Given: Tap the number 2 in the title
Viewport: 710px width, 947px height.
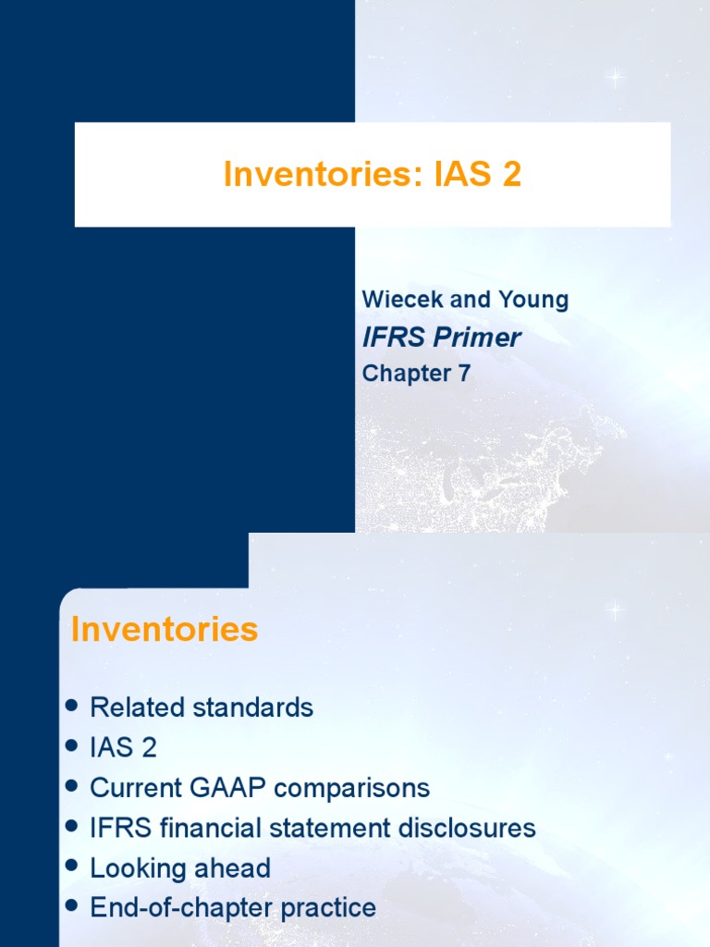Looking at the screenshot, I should (510, 175).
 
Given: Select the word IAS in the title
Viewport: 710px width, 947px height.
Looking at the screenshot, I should (462, 175).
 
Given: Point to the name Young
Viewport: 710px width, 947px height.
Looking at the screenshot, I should (532, 300).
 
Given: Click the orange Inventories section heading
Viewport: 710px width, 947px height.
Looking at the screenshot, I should (165, 630).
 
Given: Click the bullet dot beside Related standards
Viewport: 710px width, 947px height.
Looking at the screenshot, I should (73, 707).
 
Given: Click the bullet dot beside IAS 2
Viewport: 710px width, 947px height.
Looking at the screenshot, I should (73, 746).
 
